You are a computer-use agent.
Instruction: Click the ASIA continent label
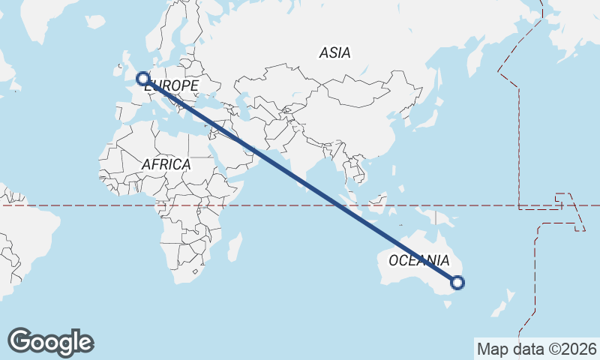pos(334,52)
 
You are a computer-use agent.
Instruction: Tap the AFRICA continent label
pos(166,163)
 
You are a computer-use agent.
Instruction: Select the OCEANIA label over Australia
pos(419,261)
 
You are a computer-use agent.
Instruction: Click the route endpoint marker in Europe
pos(142,78)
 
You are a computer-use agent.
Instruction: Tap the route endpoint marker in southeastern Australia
pos(457,283)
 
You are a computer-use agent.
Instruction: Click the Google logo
pos(50,342)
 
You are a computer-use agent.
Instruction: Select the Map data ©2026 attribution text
pos(537,349)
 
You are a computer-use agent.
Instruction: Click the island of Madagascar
pos(234,247)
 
